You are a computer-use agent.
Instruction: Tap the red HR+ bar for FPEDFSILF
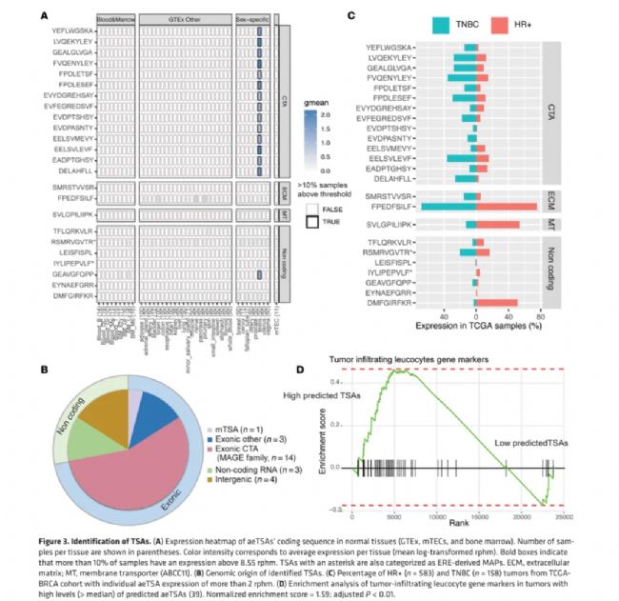tap(507, 206)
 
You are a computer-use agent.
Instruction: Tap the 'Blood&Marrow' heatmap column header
tap(115, 19)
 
